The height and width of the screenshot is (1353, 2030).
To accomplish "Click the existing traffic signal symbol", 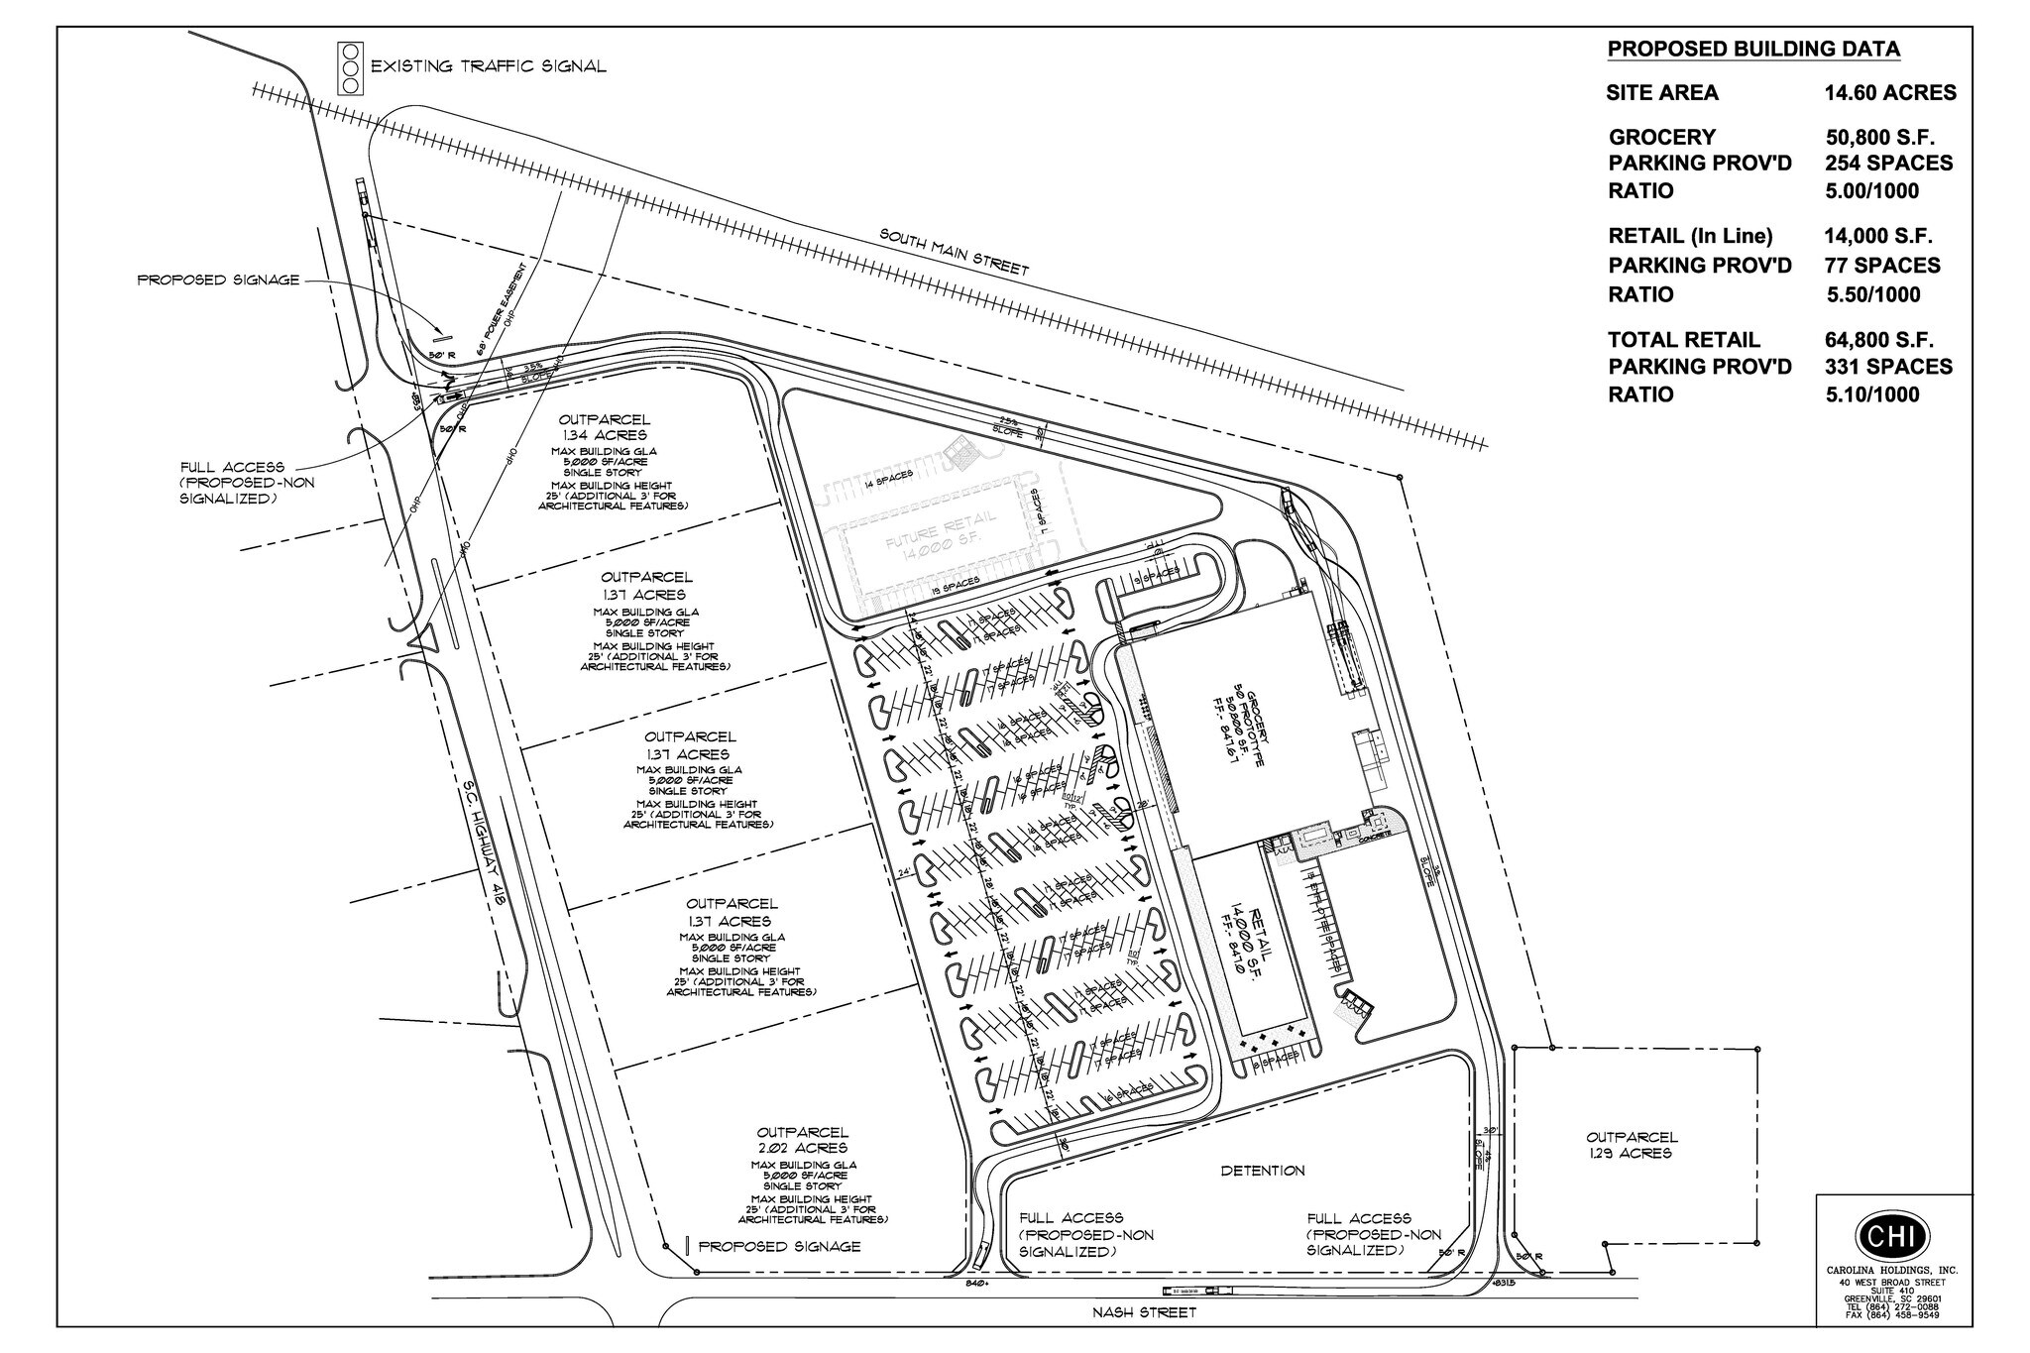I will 348,67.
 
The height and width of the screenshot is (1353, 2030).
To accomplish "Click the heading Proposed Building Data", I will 1752,50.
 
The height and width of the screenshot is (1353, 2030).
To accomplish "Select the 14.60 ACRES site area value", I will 1889,93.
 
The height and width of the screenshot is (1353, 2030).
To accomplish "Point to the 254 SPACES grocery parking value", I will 1888,163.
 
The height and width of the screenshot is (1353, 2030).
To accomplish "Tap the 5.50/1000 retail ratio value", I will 1872,294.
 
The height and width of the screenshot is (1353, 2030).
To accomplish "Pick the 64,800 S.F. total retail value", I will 1878,340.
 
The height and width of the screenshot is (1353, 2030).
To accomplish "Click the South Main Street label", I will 955,253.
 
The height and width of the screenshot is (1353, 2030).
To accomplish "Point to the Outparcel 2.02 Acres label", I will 802,1140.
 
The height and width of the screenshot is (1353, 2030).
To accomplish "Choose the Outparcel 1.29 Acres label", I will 1632,1145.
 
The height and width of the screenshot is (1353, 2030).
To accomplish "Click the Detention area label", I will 1262,1171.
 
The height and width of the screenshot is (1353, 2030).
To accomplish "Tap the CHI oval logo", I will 1891,1235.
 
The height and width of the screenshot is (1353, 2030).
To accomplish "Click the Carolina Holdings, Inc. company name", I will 1891,1271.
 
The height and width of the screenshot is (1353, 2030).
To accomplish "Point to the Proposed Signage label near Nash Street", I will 779,1246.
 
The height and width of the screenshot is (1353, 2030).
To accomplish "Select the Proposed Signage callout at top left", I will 218,281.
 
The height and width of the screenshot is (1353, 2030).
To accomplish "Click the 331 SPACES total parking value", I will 1888,367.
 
